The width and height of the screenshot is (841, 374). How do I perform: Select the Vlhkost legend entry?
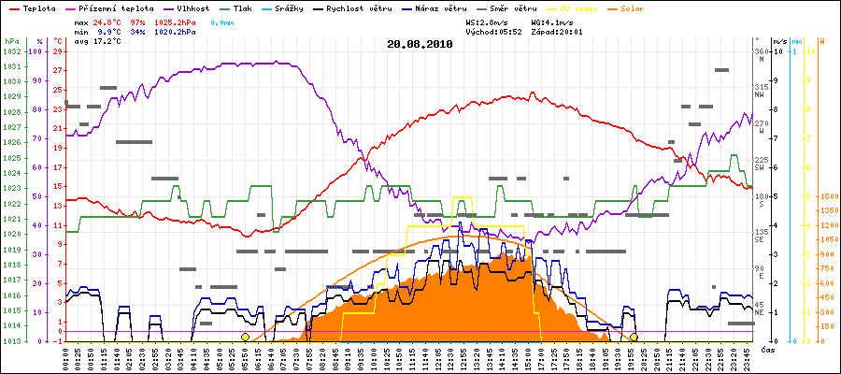tap(187, 7)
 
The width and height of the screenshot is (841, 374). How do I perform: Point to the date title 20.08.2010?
tap(420, 43)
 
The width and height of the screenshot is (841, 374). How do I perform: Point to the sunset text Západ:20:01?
tap(561, 32)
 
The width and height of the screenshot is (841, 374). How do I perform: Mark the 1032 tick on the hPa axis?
tap(11, 51)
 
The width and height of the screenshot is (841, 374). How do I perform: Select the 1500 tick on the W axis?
tap(828, 196)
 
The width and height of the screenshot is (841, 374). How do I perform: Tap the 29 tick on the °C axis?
tap(58, 51)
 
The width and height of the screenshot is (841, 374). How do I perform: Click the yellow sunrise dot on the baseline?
tap(245, 337)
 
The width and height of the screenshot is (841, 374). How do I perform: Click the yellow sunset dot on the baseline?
tap(634, 337)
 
